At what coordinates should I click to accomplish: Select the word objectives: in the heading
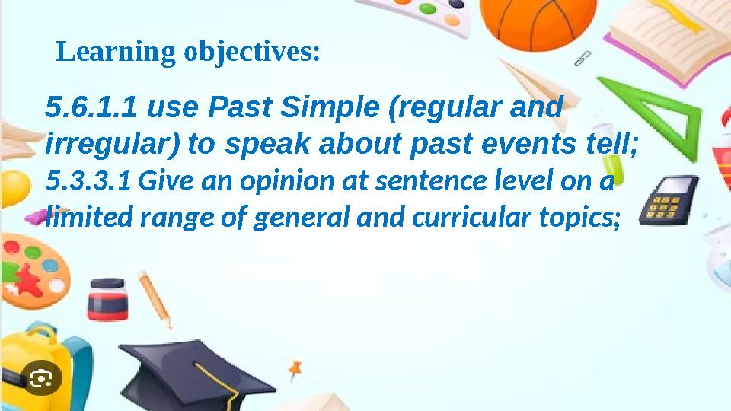pyautogui.click(x=251, y=53)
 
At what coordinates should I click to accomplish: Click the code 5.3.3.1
pyautogui.click(x=88, y=183)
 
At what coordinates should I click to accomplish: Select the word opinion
pyautogui.click(x=287, y=183)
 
